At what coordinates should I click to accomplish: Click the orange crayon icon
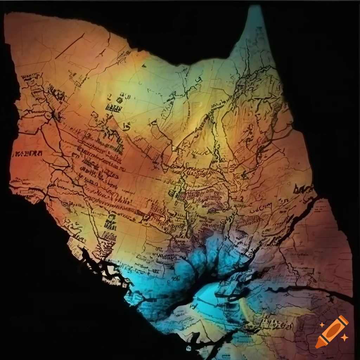(332, 332)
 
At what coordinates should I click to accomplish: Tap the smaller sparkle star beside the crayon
(345, 337)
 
